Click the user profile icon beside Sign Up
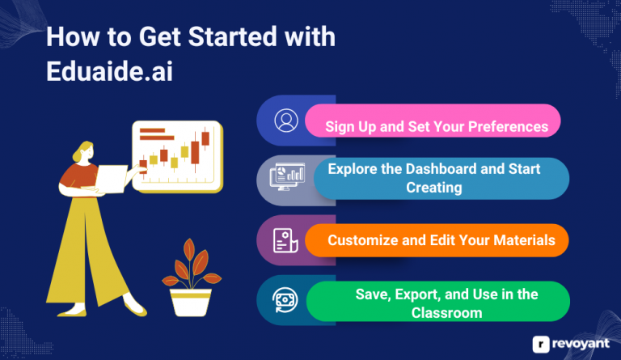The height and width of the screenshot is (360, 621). coord(285,121)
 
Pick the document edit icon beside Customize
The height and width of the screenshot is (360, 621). coord(285,240)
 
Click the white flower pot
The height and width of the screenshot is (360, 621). coord(190,302)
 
